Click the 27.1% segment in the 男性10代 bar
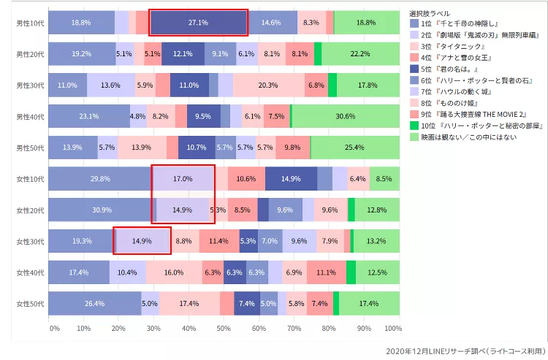[198, 23]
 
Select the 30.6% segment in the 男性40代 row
[345, 116]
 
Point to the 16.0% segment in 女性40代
[174, 272]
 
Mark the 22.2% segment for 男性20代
[360, 54]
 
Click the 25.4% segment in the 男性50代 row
[354, 148]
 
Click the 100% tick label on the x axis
[393, 329]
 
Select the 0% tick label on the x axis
[55, 329]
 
